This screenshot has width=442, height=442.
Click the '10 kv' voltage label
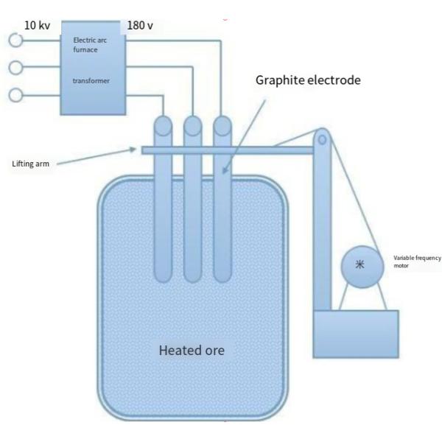[37, 25]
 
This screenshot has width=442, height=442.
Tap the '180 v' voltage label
[140, 25]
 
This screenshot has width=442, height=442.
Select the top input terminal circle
[15, 41]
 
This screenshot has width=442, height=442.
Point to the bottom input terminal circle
[15, 95]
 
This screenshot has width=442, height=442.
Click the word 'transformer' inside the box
[91, 81]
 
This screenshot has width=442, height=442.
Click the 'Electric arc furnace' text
[89, 45]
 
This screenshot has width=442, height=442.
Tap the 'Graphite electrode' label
[308, 80]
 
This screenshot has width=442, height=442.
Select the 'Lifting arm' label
[31, 164]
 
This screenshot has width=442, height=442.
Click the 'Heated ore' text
[192, 350]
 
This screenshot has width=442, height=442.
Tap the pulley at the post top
[321, 138]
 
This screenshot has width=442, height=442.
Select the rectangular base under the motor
[356, 333]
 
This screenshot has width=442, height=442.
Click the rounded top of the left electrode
[163, 124]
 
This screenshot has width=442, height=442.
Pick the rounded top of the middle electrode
[192, 124]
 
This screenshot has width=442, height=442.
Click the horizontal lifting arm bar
[228, 151]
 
